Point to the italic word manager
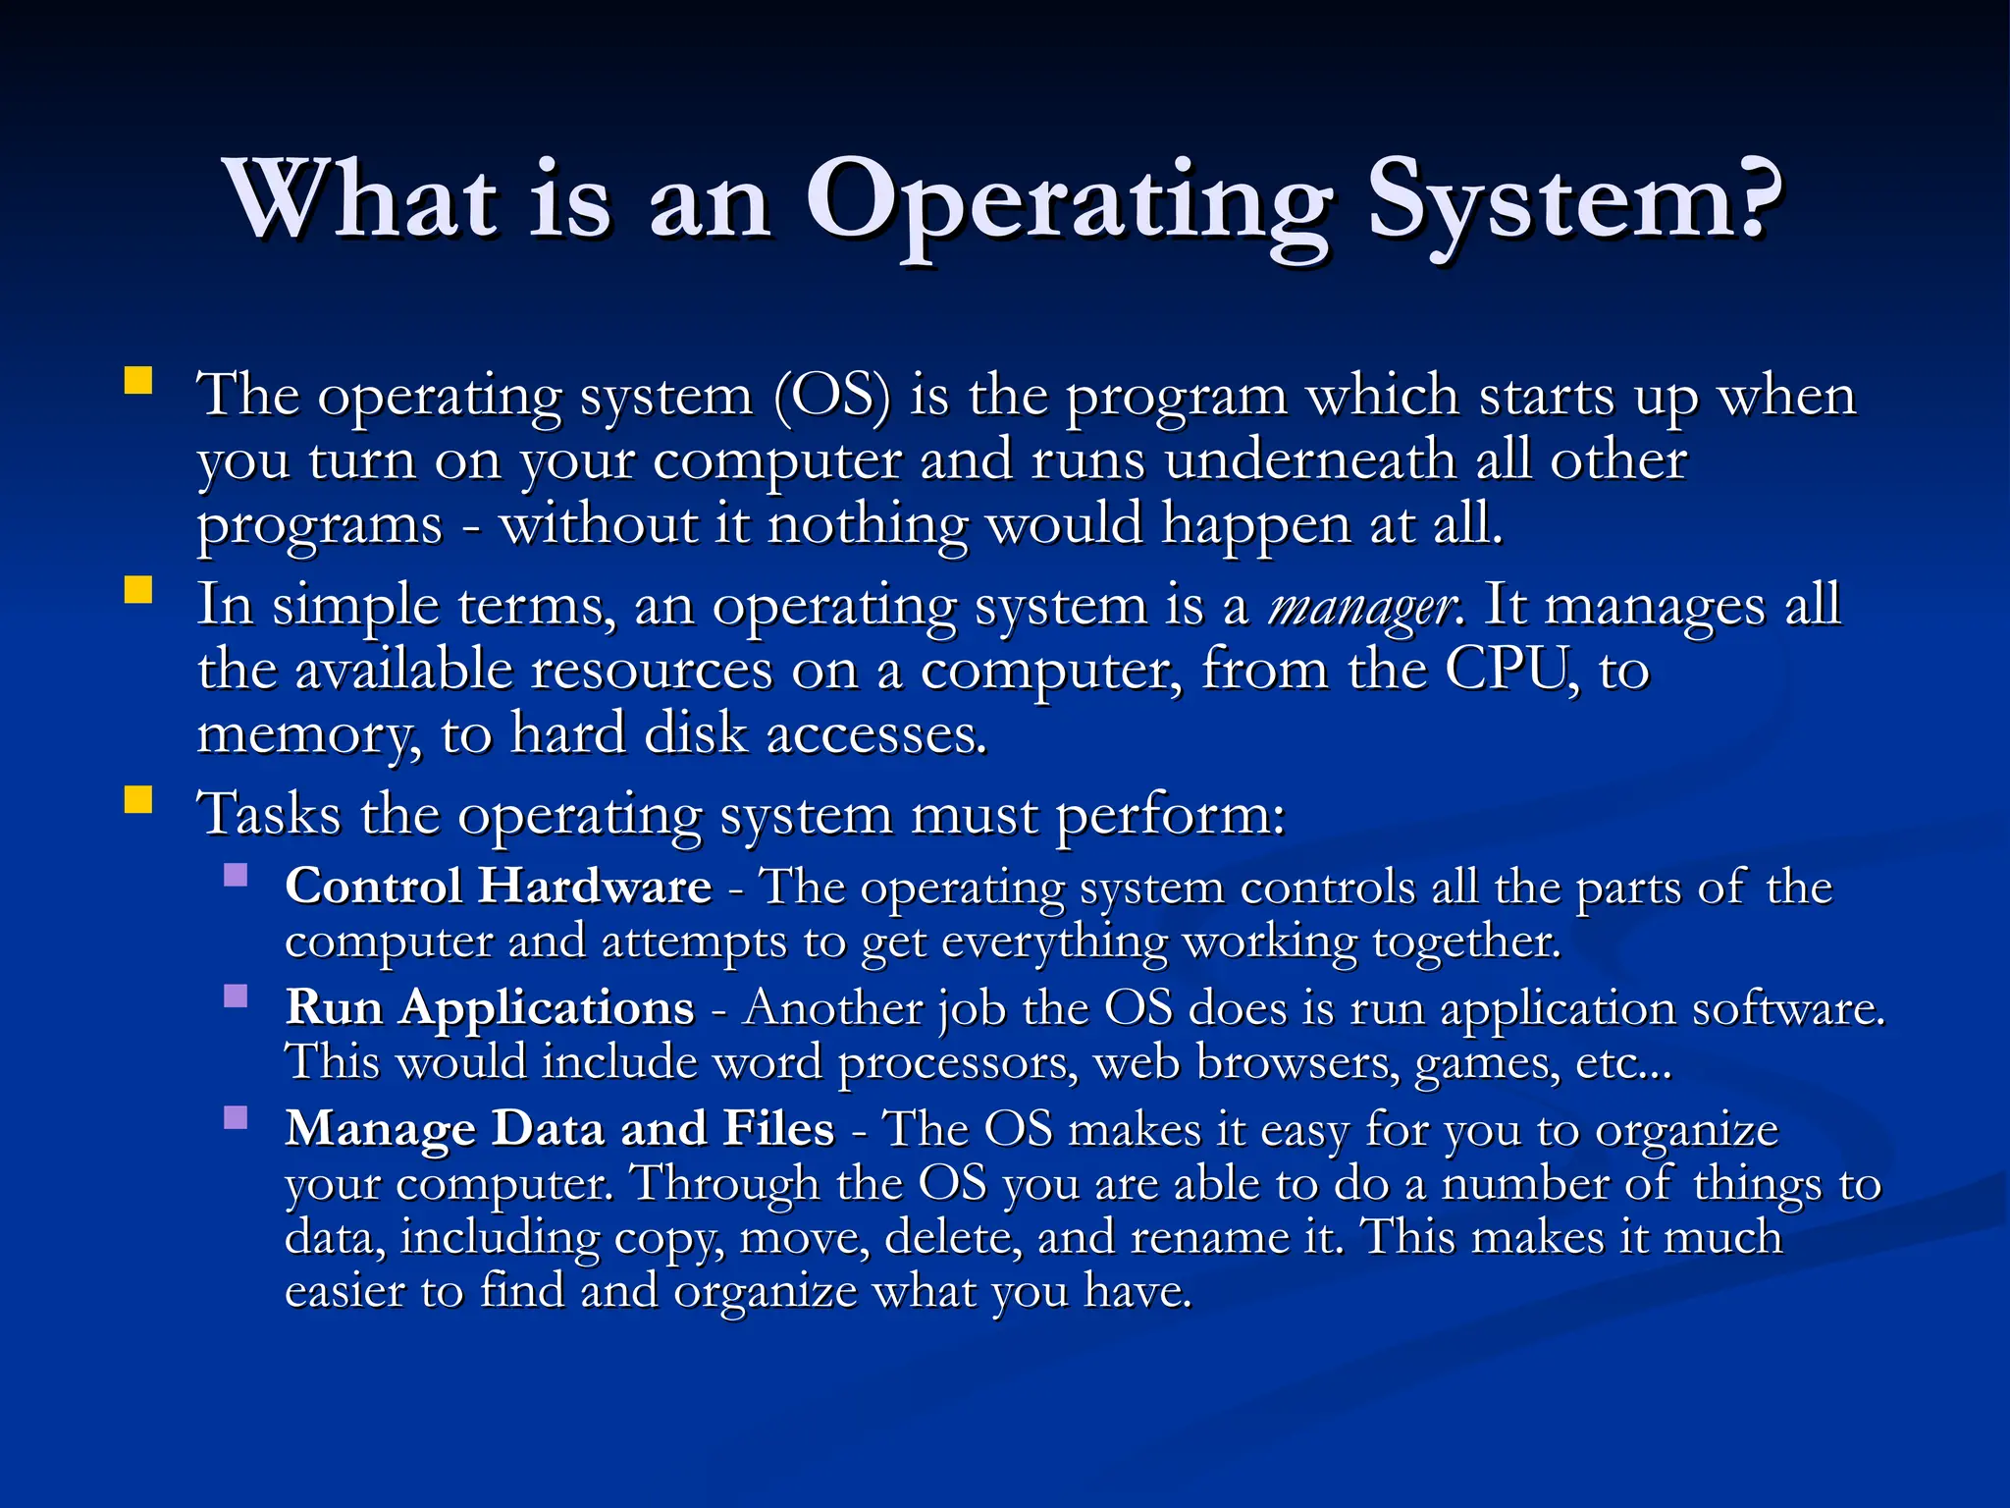1361,607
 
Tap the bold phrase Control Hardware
498,886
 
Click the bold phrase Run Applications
490,1007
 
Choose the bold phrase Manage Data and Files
559,1128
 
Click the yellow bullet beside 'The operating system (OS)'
138,381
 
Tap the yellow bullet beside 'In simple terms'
138,590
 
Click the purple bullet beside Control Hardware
236,875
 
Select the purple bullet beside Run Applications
236,996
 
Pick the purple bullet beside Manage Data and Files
236,1117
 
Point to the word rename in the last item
1209,1237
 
